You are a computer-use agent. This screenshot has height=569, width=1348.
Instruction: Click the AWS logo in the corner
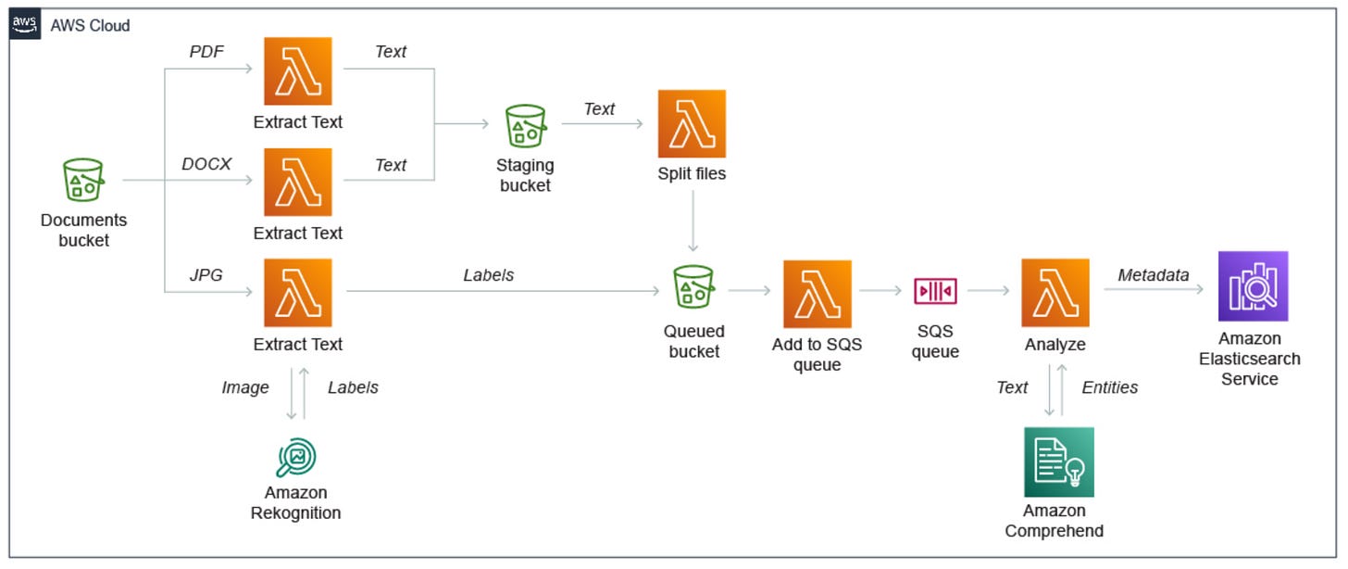25,25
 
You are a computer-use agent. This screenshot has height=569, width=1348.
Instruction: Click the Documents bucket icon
83,180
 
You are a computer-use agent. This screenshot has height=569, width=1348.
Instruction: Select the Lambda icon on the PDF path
298,71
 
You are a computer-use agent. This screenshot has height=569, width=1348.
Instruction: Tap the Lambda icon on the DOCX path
298,183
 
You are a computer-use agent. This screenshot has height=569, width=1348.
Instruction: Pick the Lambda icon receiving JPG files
298,293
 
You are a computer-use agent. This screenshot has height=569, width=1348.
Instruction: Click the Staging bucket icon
525,125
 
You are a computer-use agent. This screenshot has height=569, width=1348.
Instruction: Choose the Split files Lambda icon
692,123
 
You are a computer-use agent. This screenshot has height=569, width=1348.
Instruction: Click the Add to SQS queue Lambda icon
817,294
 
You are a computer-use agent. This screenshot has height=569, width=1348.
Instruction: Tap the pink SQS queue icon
935,291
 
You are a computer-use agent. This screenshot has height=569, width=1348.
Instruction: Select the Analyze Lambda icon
1055,293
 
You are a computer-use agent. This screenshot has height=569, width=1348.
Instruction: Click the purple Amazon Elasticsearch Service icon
1253,286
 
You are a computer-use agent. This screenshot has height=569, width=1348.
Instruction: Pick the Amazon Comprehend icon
1058,462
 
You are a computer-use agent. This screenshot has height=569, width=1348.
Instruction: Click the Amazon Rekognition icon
296,456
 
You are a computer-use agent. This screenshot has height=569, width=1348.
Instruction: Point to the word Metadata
1153,275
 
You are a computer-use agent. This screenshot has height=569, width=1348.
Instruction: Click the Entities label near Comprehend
1109,387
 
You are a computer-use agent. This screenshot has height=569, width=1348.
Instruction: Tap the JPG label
206,275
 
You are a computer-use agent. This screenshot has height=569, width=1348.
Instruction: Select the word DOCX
206,164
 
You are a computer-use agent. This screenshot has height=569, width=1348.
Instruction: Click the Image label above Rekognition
244,387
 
